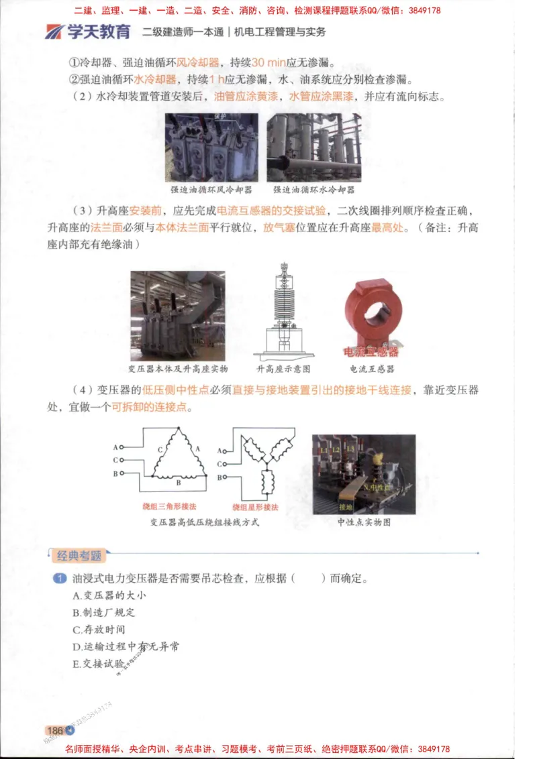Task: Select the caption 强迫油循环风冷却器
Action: click(x=212, y=190)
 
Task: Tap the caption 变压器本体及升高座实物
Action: click(x=178, y=369)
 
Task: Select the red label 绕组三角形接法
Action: click(x=168, y=507)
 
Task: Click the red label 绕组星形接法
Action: click(x=256, y=507)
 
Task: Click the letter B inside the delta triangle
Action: click(x=178, y=483)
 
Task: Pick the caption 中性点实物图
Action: click(x=364, y=522)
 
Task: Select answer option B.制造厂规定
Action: click(x=103, y=612)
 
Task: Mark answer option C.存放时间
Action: click(x=99, y=630)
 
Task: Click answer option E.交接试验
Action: click(x=99, y=664)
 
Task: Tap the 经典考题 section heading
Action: click(x=79, y=555)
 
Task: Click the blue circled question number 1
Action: click(x=60, y=578)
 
